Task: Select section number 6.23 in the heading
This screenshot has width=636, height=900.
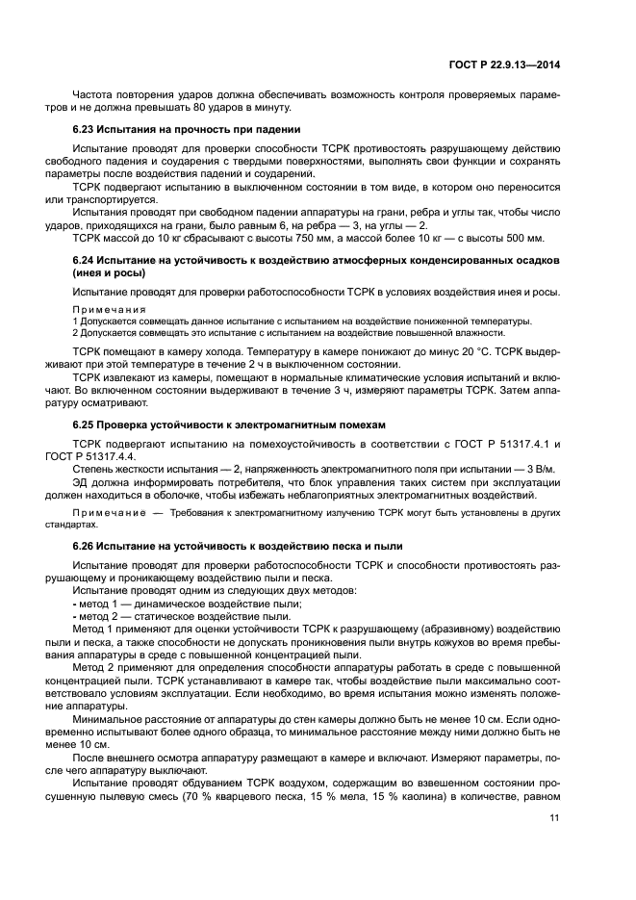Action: [x=86, y=129]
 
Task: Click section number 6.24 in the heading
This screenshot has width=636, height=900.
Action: [x=86, y=261]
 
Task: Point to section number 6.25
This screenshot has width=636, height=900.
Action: [x=86, y=424]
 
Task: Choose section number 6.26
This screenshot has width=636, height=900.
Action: [x=86, y=547]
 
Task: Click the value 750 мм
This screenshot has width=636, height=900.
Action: [x=300, y=238]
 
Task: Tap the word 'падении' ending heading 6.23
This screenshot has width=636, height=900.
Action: [x=279, y=129]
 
